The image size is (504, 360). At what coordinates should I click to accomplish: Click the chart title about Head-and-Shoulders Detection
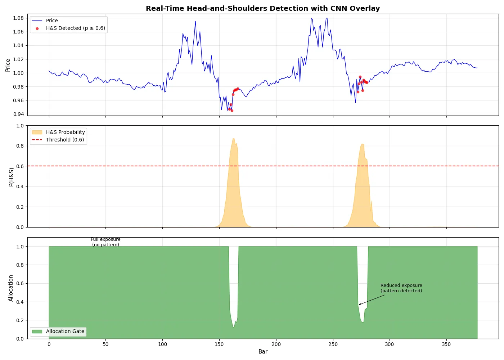(262, 8)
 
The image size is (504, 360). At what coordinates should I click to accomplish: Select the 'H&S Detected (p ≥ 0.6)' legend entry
(75, 28)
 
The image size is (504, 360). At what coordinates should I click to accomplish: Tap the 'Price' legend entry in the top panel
(52, 21)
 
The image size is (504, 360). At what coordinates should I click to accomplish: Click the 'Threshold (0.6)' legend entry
(65, 140)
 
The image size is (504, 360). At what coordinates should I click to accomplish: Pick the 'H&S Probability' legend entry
(65, 132)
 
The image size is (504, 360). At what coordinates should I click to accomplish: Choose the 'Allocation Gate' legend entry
(65, 331)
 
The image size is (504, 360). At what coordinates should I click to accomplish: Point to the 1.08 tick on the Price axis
(18, 18)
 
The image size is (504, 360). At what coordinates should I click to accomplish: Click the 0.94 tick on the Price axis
(18, 114)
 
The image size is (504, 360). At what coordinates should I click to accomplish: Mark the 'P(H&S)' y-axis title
(11, 177)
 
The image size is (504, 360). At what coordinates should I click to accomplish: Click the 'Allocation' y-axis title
(11, 288)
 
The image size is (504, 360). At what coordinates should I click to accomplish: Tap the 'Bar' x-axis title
(263, 351)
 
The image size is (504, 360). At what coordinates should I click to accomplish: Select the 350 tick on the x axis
(446, 344)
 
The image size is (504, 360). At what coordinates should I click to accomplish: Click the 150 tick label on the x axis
(219, 344)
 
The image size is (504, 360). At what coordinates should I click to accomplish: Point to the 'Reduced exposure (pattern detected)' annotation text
(401, 288)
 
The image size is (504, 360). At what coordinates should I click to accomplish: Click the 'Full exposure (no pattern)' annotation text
(105, 242)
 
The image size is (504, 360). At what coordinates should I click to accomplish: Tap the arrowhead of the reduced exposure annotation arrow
(359, 305)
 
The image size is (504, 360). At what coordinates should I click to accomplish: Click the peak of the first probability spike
(233, 139)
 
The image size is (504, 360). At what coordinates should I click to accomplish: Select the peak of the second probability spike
(362, 144)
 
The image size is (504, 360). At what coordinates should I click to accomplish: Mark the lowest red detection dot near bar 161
(232, 111)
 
